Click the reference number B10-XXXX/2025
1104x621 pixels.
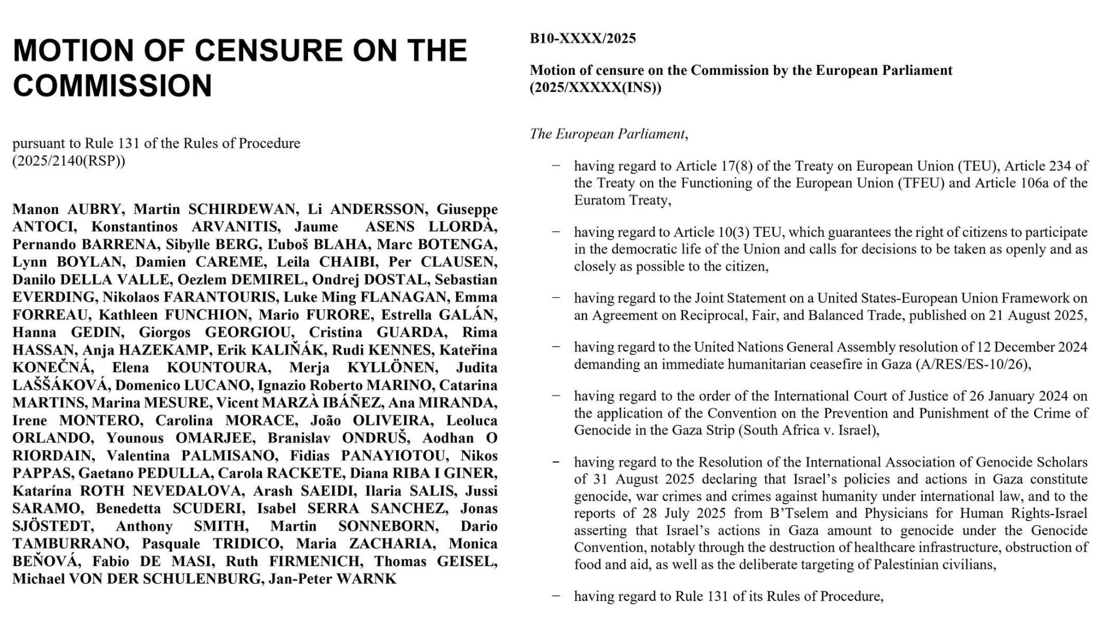click(582, 39)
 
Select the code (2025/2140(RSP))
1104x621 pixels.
click(68, 160)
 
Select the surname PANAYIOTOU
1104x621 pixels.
click(394, 456)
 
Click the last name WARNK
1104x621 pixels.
click(366, 579)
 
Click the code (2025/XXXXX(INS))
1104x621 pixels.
click(595, 88)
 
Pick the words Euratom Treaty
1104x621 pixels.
click(621, 200)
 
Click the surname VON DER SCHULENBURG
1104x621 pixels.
click(167, 579)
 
